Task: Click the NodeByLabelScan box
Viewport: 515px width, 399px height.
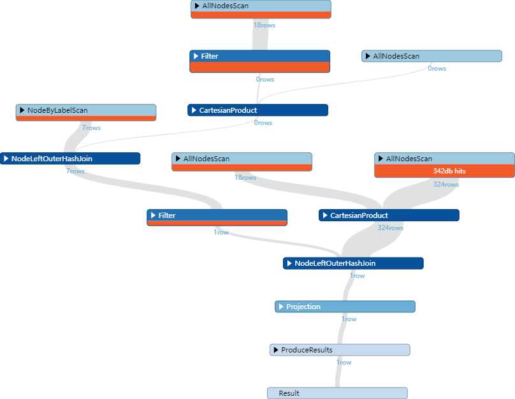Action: pyautogui.click(x=85, y=110)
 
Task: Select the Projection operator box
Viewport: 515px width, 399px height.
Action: pyautogui.click(x=345, y=307)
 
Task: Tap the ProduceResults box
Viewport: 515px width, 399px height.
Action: pyautogui.click(x=339, y=350)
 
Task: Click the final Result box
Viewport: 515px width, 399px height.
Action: pyautogui.click(x=337, y=393)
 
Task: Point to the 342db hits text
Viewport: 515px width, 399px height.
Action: pyautogui.click(x=444, y=171)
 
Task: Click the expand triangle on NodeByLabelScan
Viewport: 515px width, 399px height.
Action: pyautogui.click(x=22, y=110)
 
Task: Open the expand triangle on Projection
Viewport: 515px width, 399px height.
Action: pyautogui.click(x=281, y=307)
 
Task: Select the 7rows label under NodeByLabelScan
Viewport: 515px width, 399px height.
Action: pyautogui.click(x=91, y=127)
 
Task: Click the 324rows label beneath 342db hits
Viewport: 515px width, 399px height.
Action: pyautogui.click(x=446, y=184)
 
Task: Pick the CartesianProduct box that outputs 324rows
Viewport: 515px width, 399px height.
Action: pyautogui.click(x=389, y=215)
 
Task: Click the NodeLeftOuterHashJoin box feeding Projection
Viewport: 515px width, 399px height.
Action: pyautogui.click(x=352, y=263)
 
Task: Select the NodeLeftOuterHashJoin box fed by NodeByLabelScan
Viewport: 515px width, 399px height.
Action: pyautogui.click(x=70, y=158)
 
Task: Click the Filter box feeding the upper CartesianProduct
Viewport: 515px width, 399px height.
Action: pyautogui.click(x=259, y=56)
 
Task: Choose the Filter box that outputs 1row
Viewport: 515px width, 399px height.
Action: pyautogui.click(x=217, y=215)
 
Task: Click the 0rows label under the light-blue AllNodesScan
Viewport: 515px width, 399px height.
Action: pyautogui.click(x=437, y=68)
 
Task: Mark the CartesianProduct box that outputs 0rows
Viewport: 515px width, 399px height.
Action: pyautogui.click(x=257, y=110)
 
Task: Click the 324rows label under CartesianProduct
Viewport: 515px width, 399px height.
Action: pyautogui.click(x=390, y=228)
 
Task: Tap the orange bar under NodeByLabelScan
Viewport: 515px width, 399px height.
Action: pyautogui.click(x=85, y=118)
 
